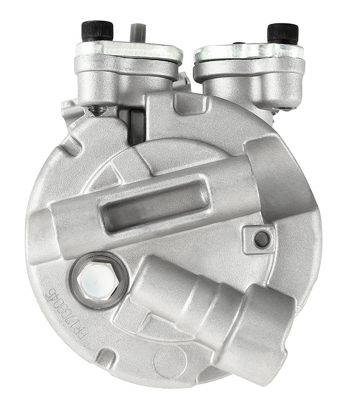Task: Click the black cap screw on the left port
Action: point(97,30)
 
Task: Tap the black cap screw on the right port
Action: point(283,33)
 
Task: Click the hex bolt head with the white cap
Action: point(98,281)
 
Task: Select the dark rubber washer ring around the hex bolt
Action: point(77,288)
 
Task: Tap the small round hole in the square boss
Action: point(262,239)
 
